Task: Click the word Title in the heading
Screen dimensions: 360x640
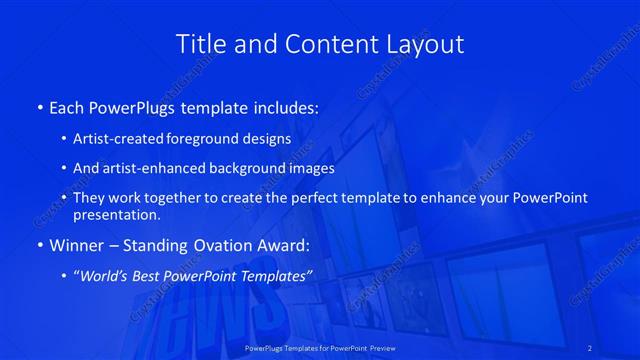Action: [199, 44]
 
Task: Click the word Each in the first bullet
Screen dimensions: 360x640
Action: [66, 107]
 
